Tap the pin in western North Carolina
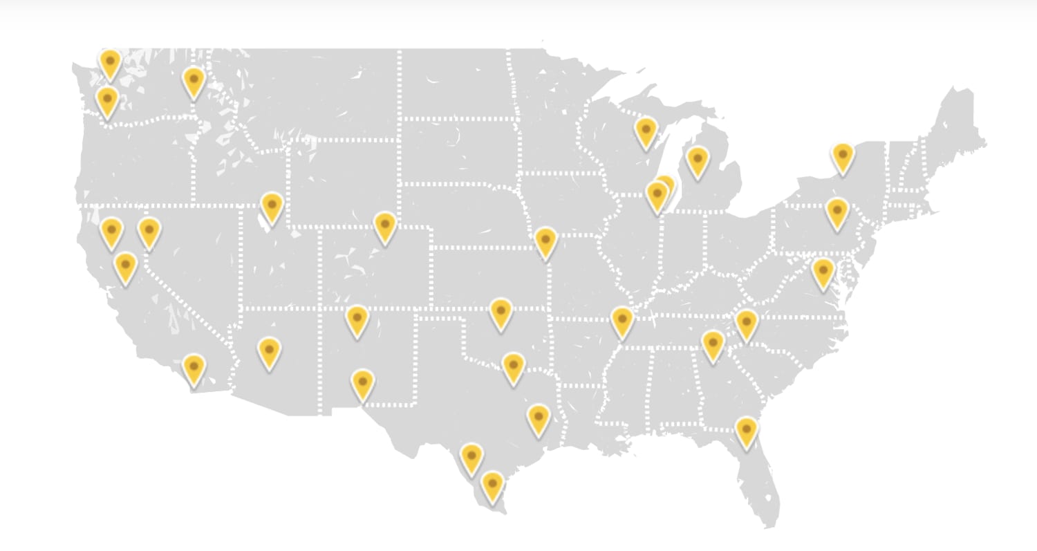point(746,324)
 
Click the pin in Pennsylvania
point(837,212)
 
